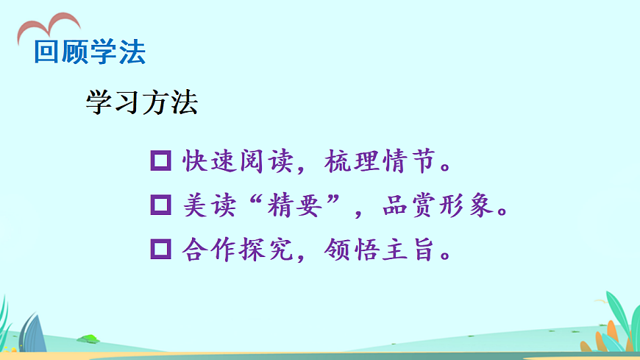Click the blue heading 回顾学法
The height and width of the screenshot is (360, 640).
click(x=90, y=52)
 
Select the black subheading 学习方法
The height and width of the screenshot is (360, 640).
click(x=141, y=103)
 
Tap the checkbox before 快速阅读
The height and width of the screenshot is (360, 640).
click(x=160, y=160)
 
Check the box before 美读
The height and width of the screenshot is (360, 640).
click(x=160, y=205)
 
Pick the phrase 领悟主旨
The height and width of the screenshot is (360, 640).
click(x=378, y=250)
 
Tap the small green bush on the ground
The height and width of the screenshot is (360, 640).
click(x=89, y=339)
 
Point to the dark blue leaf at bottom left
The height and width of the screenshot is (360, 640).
click(x=31, y=333)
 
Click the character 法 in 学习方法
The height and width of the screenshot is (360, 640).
click(x=184, y=103)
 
